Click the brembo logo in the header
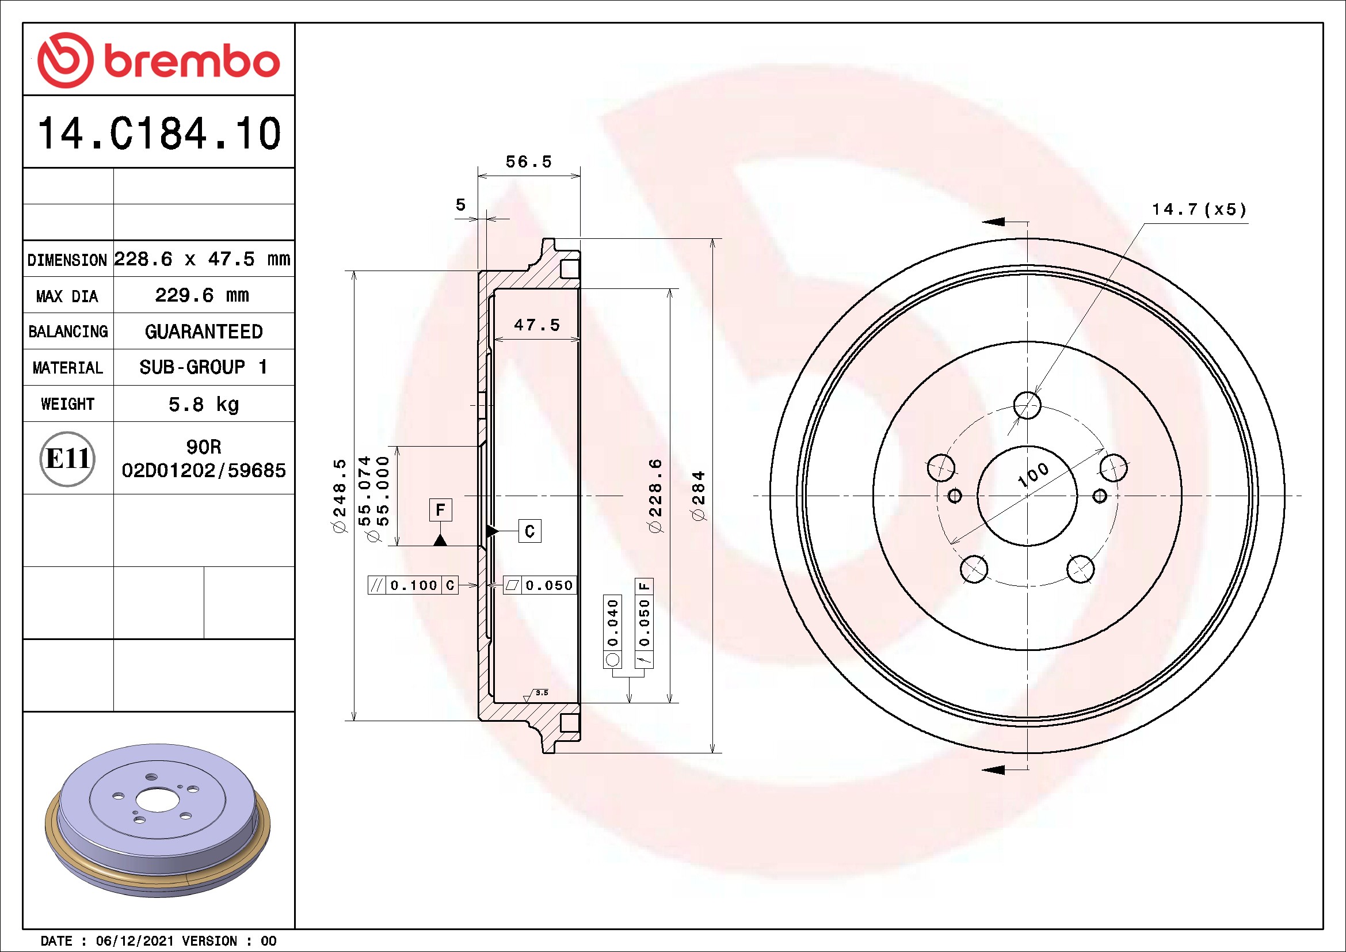[x=158, y=60]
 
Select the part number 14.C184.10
[x=159, y=133]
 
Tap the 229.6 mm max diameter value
[x=202, y=295]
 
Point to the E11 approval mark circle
[x=67, y=458]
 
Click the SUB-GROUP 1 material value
[x=203, y=367]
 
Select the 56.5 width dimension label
[x=529, y=161]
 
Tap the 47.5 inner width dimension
[x=537, y=325]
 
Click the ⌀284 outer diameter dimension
[x=699, y=496]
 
